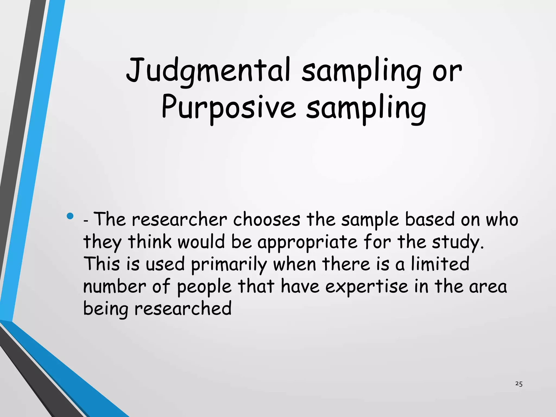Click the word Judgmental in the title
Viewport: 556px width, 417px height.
click(x=208, y=71)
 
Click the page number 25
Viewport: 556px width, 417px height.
click(x=519, y=384)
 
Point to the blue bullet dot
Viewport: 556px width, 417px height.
click(x=70, y=216)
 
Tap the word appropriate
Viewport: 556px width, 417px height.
click(x=307, y=242)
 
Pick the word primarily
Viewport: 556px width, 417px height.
click(x=229, y=264)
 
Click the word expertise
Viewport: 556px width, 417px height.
click(x=367, y=287)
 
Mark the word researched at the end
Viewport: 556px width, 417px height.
click(x=183, y=309)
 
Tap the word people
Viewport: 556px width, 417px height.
click(x=204, y=287)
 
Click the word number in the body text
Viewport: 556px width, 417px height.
click(x=115, y=287)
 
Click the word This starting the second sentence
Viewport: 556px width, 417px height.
click(x=102, y=264)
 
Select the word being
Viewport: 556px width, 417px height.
click(x=106, y=309)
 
